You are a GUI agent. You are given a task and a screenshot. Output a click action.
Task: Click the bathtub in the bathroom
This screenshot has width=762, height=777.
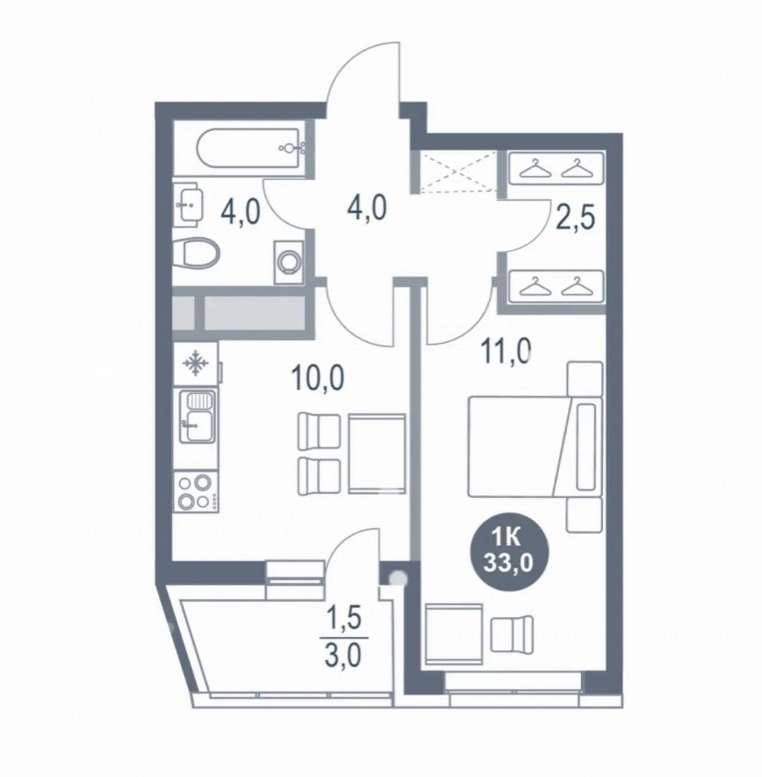tap(250, 148)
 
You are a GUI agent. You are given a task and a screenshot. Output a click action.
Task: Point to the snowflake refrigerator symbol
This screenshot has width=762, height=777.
tap(195, 363)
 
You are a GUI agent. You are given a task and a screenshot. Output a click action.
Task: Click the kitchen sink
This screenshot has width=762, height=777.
tap(197, 415)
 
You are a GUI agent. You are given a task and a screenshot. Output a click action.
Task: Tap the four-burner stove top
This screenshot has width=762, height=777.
tap(195, 491)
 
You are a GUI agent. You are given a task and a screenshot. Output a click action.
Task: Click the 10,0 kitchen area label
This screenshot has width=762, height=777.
tap(317, 379)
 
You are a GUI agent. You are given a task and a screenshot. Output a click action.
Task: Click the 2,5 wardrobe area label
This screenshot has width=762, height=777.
tap(575, 220)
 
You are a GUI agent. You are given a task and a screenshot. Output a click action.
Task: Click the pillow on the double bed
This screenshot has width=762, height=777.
tap(586, 446)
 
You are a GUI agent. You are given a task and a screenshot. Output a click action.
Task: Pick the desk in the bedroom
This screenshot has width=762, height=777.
tap(454, 634)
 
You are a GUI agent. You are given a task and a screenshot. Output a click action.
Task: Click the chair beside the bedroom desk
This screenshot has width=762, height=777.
tap(512, 634)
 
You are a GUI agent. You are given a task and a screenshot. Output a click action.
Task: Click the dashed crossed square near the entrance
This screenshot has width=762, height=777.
tap(457, 172)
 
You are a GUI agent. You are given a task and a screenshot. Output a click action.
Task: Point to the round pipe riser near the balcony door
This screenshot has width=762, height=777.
tap(398, 577)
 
